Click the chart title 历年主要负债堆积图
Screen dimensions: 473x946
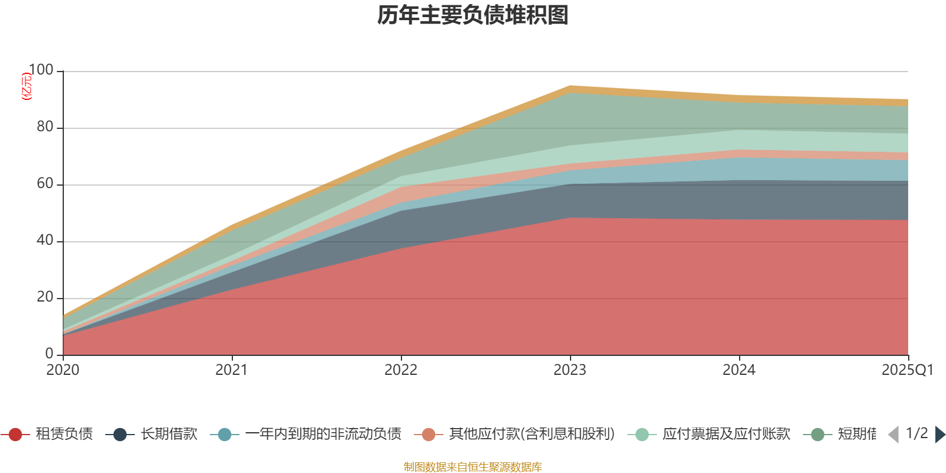[x=473, y=15]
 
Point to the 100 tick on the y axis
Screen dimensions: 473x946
[x=41, y=70]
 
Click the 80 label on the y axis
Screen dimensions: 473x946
[x=45, y=127]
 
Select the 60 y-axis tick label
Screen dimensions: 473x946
[x=45, y=184]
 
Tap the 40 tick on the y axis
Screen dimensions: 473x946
[x=45, y=241]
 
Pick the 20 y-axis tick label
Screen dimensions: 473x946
[x=45, y=297]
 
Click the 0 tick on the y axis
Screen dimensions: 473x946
[x=50, y=354]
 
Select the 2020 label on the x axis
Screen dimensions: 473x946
[x=63, y=370]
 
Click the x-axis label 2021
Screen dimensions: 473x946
[x=232, y=370]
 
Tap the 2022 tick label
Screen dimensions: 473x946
[x=401, y=370]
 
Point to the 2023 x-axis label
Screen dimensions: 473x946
[x=570, y=370]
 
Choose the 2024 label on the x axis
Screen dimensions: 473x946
[x=739, y=370]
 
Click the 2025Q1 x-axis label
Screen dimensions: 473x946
[x=907, y=370]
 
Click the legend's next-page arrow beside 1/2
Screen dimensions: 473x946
[x=939, y=435]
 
